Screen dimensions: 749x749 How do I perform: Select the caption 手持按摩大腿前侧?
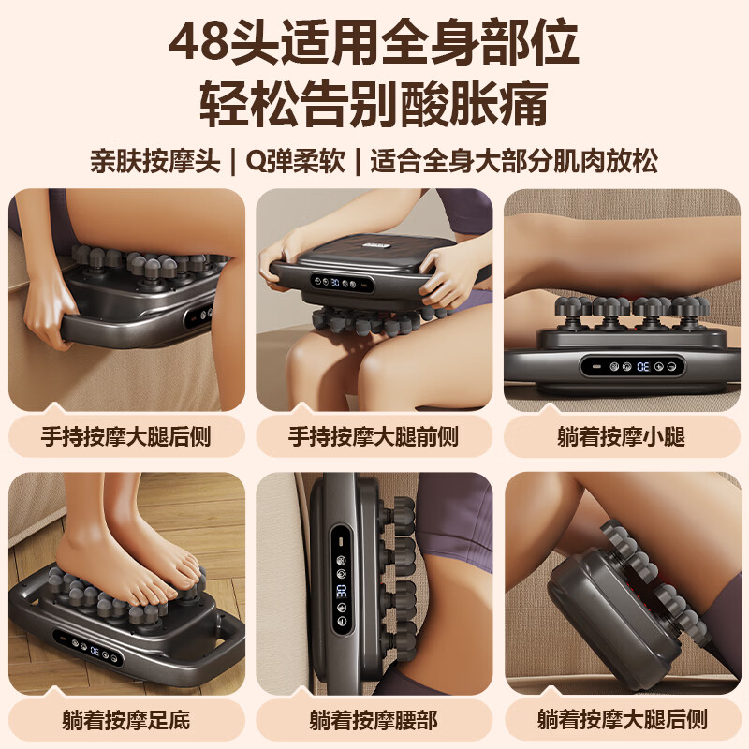[x=374, y=437]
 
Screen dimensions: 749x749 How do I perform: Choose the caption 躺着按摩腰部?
[x=374, y=720]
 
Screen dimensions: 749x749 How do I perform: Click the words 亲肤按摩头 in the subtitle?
[x=154, y=160]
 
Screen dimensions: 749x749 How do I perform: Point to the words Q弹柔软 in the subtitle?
[x=291, y=160]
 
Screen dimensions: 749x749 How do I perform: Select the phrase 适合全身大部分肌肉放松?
[x=513, y=160]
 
